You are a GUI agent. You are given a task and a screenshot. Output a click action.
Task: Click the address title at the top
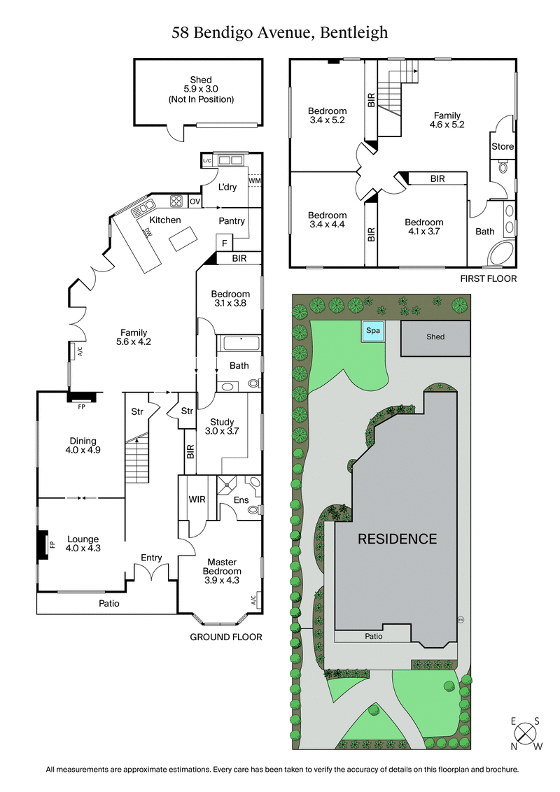[280, 32]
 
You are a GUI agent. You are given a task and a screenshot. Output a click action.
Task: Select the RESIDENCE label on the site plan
[397, 539]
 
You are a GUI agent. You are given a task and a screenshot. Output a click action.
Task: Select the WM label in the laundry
[253, 181]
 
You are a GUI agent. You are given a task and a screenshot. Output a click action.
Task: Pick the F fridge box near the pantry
[224, 243]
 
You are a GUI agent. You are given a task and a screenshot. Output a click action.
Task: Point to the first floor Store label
[502, 147]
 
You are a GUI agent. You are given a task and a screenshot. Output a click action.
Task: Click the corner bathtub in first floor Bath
[500, 255]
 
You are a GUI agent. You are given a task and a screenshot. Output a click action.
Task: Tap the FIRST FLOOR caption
[488, 278]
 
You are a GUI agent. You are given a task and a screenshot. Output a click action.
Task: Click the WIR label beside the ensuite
[197, 500]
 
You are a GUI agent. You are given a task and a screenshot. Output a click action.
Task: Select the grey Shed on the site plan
[435, 337]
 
